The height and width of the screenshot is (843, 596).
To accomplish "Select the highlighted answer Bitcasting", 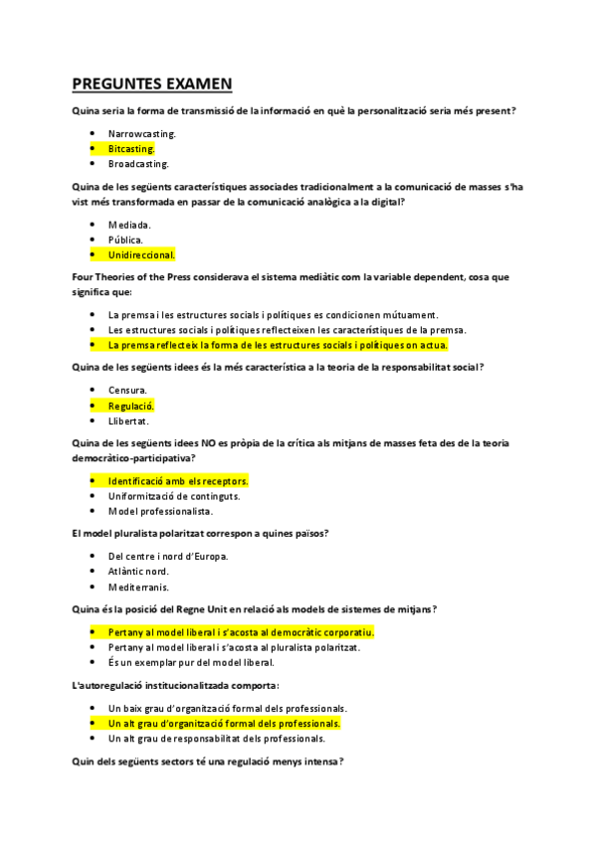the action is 131,148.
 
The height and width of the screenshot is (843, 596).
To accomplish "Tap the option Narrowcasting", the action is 142,132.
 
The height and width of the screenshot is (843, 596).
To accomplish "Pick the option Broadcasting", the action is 138,163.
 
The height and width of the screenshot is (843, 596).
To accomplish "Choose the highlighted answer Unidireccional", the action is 141,254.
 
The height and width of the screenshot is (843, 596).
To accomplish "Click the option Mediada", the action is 129,224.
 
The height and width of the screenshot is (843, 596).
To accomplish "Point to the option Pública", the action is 125,239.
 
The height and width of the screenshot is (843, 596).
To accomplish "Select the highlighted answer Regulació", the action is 131,406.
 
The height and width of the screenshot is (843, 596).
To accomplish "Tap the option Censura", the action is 127,390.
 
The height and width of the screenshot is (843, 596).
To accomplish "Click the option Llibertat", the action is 128,421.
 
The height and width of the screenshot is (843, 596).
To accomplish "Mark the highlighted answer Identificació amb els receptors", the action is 178,481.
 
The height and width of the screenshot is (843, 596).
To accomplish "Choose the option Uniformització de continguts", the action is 174,496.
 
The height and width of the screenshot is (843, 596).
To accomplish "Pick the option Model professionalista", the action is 160,511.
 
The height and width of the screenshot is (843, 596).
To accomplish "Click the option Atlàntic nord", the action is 138,572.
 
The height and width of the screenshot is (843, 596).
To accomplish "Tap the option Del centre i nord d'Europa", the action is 168,556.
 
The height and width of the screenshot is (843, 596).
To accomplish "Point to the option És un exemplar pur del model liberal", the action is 191,662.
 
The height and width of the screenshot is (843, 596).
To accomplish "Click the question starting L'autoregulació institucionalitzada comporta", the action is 176,686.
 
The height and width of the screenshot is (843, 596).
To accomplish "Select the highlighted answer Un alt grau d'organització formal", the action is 224,723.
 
